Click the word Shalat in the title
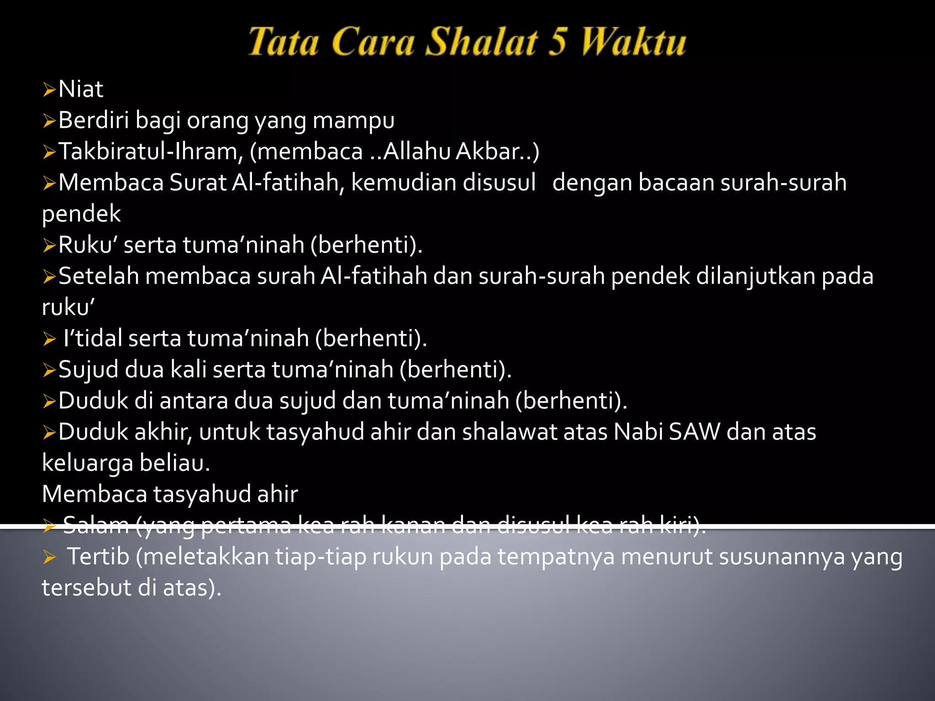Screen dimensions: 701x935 pos(481,42)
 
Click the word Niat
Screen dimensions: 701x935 pos(81,89)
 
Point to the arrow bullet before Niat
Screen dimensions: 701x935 pos(49,90)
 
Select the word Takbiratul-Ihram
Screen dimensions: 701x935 pos(151,152)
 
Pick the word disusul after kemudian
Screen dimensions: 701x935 pos(499,183)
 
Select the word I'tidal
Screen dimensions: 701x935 pos(93,338)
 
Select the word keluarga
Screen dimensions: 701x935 pos(88,464)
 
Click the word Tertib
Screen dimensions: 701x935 pos(98,557)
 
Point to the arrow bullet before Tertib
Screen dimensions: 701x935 pos(49,557)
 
